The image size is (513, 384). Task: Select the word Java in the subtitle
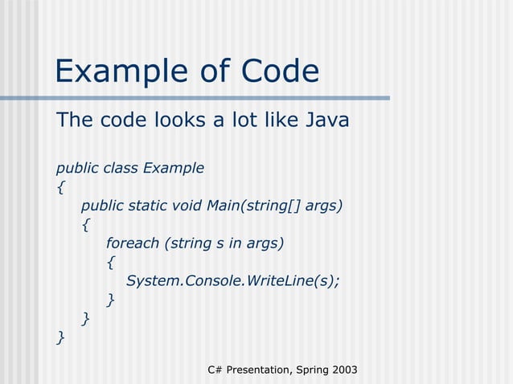(x=327, y=121)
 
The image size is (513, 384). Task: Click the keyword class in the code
(x=121, y=168)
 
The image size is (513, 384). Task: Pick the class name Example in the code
(x=173, y=168)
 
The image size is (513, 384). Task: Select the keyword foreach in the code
(x=133, y=243)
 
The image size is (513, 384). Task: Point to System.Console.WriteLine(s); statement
(x=233, y=281)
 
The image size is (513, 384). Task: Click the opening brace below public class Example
(x=60, y=188)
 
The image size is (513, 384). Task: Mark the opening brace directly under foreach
(x=110, y=263)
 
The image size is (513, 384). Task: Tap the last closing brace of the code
(x=60, y=338)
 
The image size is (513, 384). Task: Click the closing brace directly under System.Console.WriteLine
(x=110, y=300)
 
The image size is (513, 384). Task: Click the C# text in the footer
(x=215, y=370)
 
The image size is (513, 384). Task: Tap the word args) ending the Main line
(x=324, y=206)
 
